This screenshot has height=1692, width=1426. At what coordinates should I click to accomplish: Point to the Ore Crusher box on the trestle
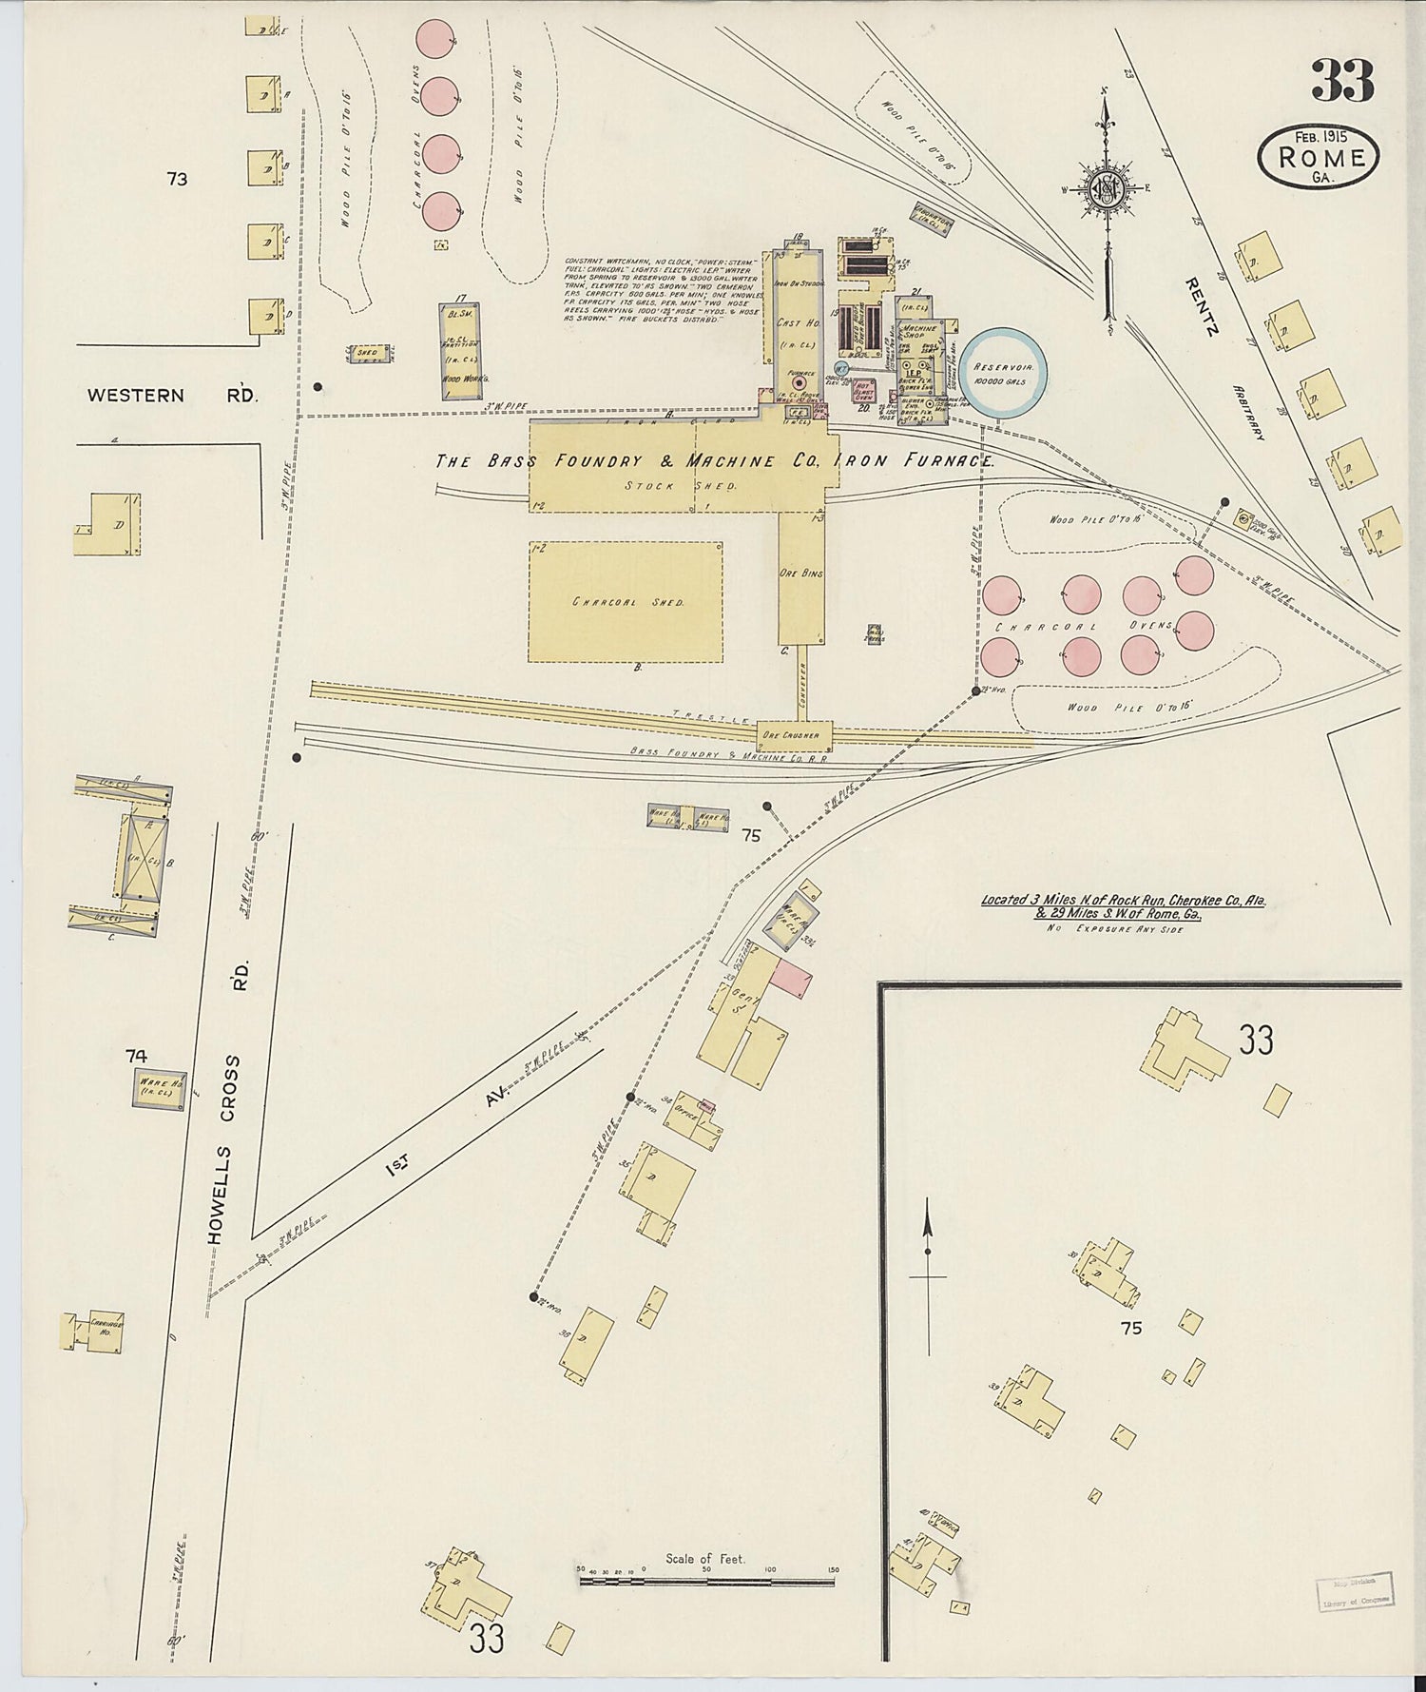794,735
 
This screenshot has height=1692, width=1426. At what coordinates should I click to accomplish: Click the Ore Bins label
801,574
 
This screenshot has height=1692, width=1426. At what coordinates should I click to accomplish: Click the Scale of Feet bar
706,1581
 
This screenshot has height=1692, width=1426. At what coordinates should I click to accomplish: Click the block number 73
177,178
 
